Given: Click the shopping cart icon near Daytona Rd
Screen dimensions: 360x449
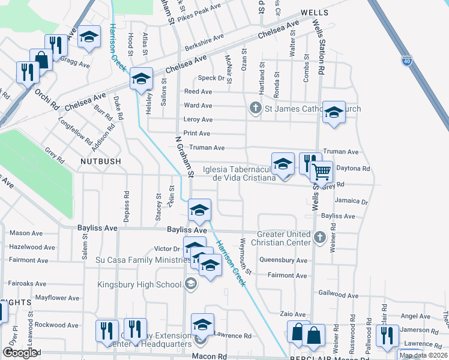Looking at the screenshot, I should pos(322,172).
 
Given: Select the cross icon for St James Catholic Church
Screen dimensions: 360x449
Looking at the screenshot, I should pos(255,109).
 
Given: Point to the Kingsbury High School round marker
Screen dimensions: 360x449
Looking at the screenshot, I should pos(191,284).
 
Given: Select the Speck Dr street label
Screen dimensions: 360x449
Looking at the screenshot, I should pos(211,79).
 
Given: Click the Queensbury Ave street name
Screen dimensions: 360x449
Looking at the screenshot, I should pos(283,260).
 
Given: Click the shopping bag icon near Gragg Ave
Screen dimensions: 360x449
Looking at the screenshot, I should pos(41,59).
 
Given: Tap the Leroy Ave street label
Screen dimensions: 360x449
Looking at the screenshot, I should pos(198,119).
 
